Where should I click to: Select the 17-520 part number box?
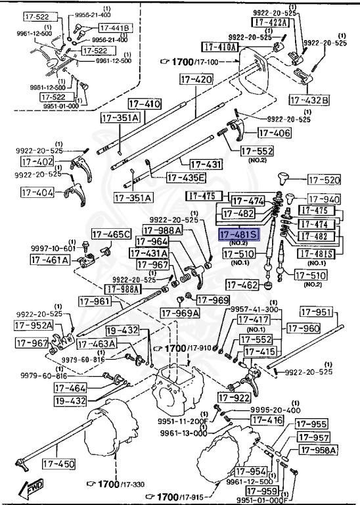(324, 179)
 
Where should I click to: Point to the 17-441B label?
(115, 28)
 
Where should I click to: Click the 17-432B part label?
(309, 99)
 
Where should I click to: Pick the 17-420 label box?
(196, 80)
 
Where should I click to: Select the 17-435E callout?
(185, 178)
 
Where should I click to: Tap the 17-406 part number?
(274, 133)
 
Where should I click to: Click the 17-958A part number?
(319, 450)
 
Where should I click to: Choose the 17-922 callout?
(234, 397)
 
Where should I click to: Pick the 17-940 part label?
(324, 199)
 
